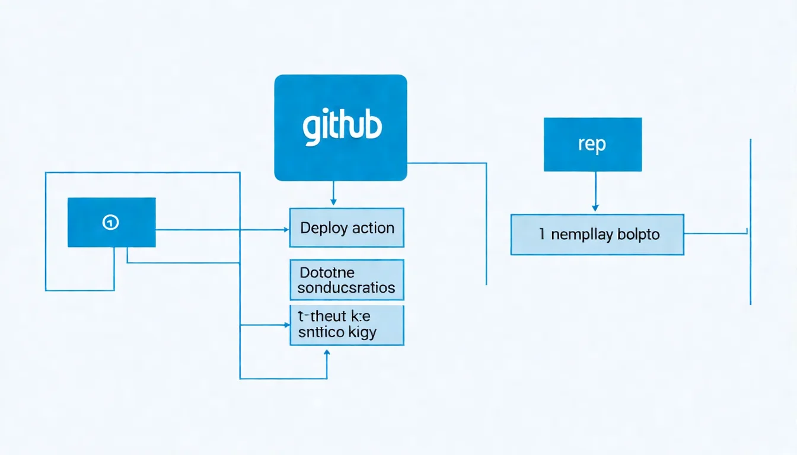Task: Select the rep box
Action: (x=592, y=145)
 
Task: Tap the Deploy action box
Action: (x=346, y=227)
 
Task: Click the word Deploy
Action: (x=323, y=228)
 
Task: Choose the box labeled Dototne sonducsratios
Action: (x=346, y=280)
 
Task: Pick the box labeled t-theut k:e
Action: (x=346, y=325)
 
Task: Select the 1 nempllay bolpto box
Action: (x=597, y=235)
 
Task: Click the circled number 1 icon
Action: (x=111, y=222)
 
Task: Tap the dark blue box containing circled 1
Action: (x=111, y=222)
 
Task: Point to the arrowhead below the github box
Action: (x=333, y=202)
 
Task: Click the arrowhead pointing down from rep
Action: (x=595, y=207)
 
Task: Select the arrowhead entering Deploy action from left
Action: (x=285, y=229)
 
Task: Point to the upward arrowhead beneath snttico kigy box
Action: (x=327, y=352)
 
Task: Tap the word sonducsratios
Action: (x=346, y=288)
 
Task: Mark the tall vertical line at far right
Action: (x=751, y=222)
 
